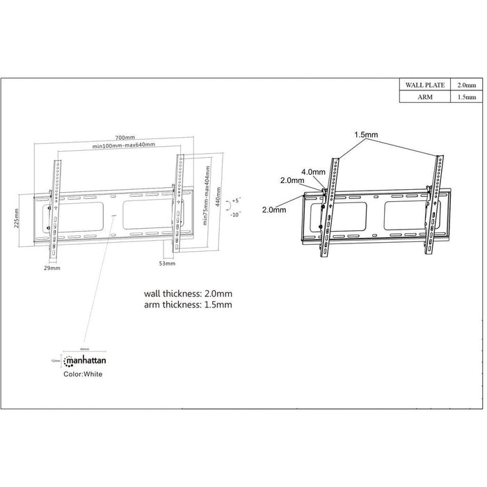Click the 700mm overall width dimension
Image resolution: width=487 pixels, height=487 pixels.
[x=126, y=138]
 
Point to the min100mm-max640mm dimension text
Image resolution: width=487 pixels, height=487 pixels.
[x=124, y=146]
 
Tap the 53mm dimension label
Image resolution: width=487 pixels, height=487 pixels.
[x=167, y=265]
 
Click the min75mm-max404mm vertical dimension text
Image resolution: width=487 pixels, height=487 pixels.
[x=206, y=202]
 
